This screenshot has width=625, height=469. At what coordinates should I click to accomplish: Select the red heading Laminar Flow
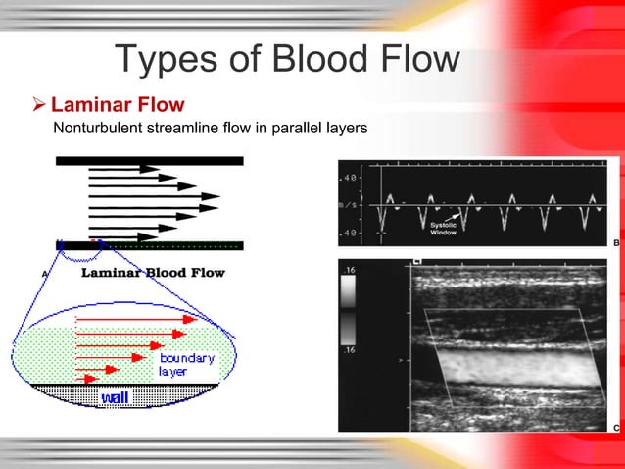[118, 104]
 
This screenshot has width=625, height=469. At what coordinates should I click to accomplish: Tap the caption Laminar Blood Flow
[152, 272]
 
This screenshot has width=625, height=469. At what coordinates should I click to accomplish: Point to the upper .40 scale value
[348, 179]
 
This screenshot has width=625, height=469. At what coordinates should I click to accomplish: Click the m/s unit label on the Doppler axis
[348, 205]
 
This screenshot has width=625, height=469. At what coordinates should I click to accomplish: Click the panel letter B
[615, 240]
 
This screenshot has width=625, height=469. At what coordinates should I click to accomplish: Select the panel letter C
[615, 428]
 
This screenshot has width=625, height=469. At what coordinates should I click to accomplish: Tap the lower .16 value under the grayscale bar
[348, 349]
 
